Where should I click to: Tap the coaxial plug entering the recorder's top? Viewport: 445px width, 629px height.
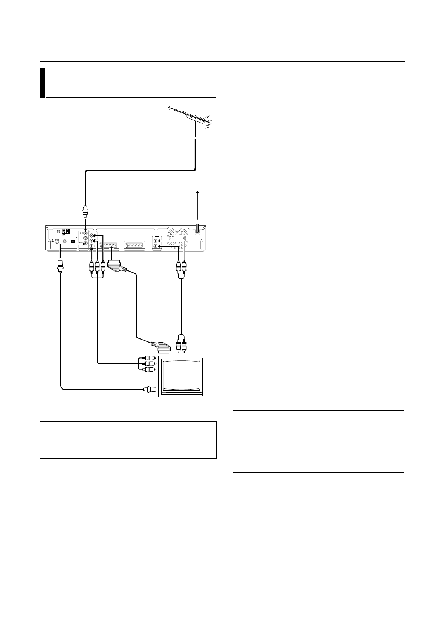pyautogui.click(x=86, y=212)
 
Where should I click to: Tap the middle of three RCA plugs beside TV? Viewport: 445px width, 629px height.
pyautogui.click(x=150, y=363)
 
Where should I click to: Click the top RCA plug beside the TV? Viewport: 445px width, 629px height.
pyautogui.click(x=150, y=358)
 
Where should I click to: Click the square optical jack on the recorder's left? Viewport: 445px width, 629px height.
pyautogui.click(x=73, y=241)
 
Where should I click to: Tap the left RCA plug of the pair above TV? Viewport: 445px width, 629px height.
pyautogui.click(x=178, y=346)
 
